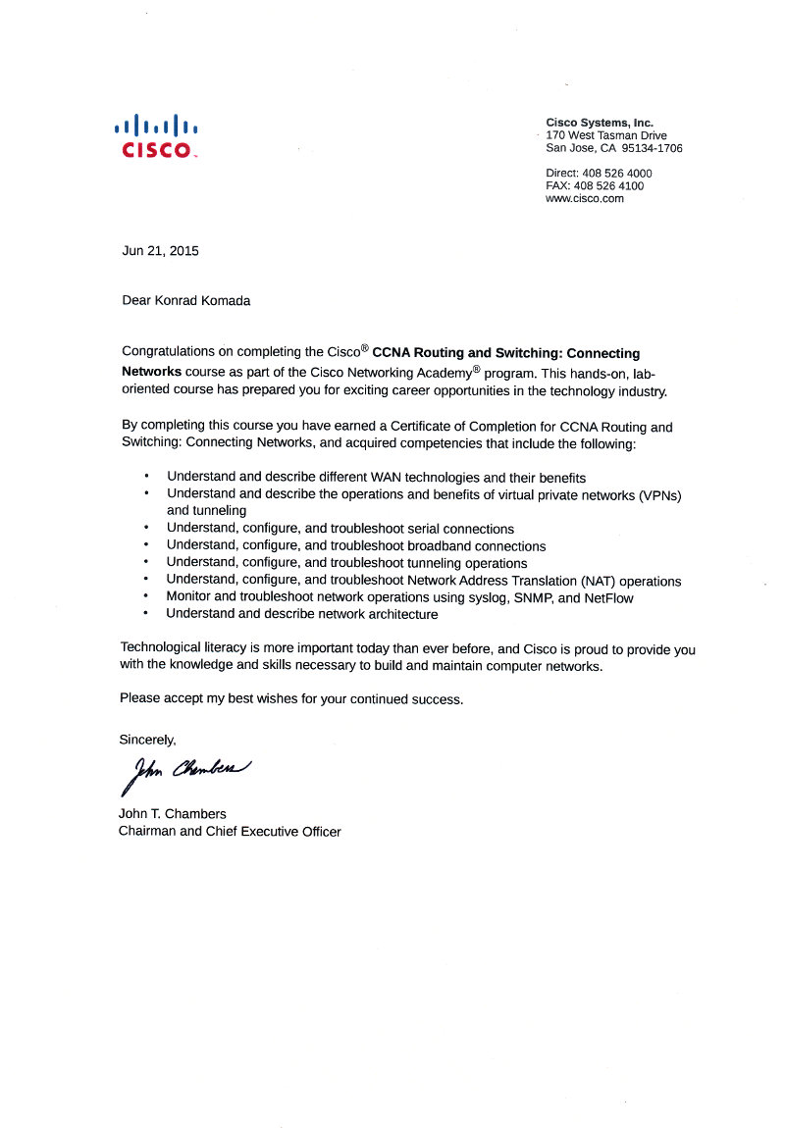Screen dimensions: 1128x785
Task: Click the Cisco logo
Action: pos(157,136)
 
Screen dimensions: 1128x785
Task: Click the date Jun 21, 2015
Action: pos(160,251)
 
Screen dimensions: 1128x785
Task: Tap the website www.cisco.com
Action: pos(585,198)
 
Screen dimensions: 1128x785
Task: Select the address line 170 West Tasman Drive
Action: pos(605,135)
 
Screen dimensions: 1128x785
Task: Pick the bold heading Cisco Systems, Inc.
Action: pos(600,123)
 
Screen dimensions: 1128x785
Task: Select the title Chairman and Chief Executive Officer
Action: pos(230,832)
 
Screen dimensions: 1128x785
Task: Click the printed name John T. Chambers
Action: pos(172,814)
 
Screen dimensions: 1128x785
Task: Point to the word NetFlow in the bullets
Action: pos(608,598)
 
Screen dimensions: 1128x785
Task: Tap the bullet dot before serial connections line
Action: pos(146,528)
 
